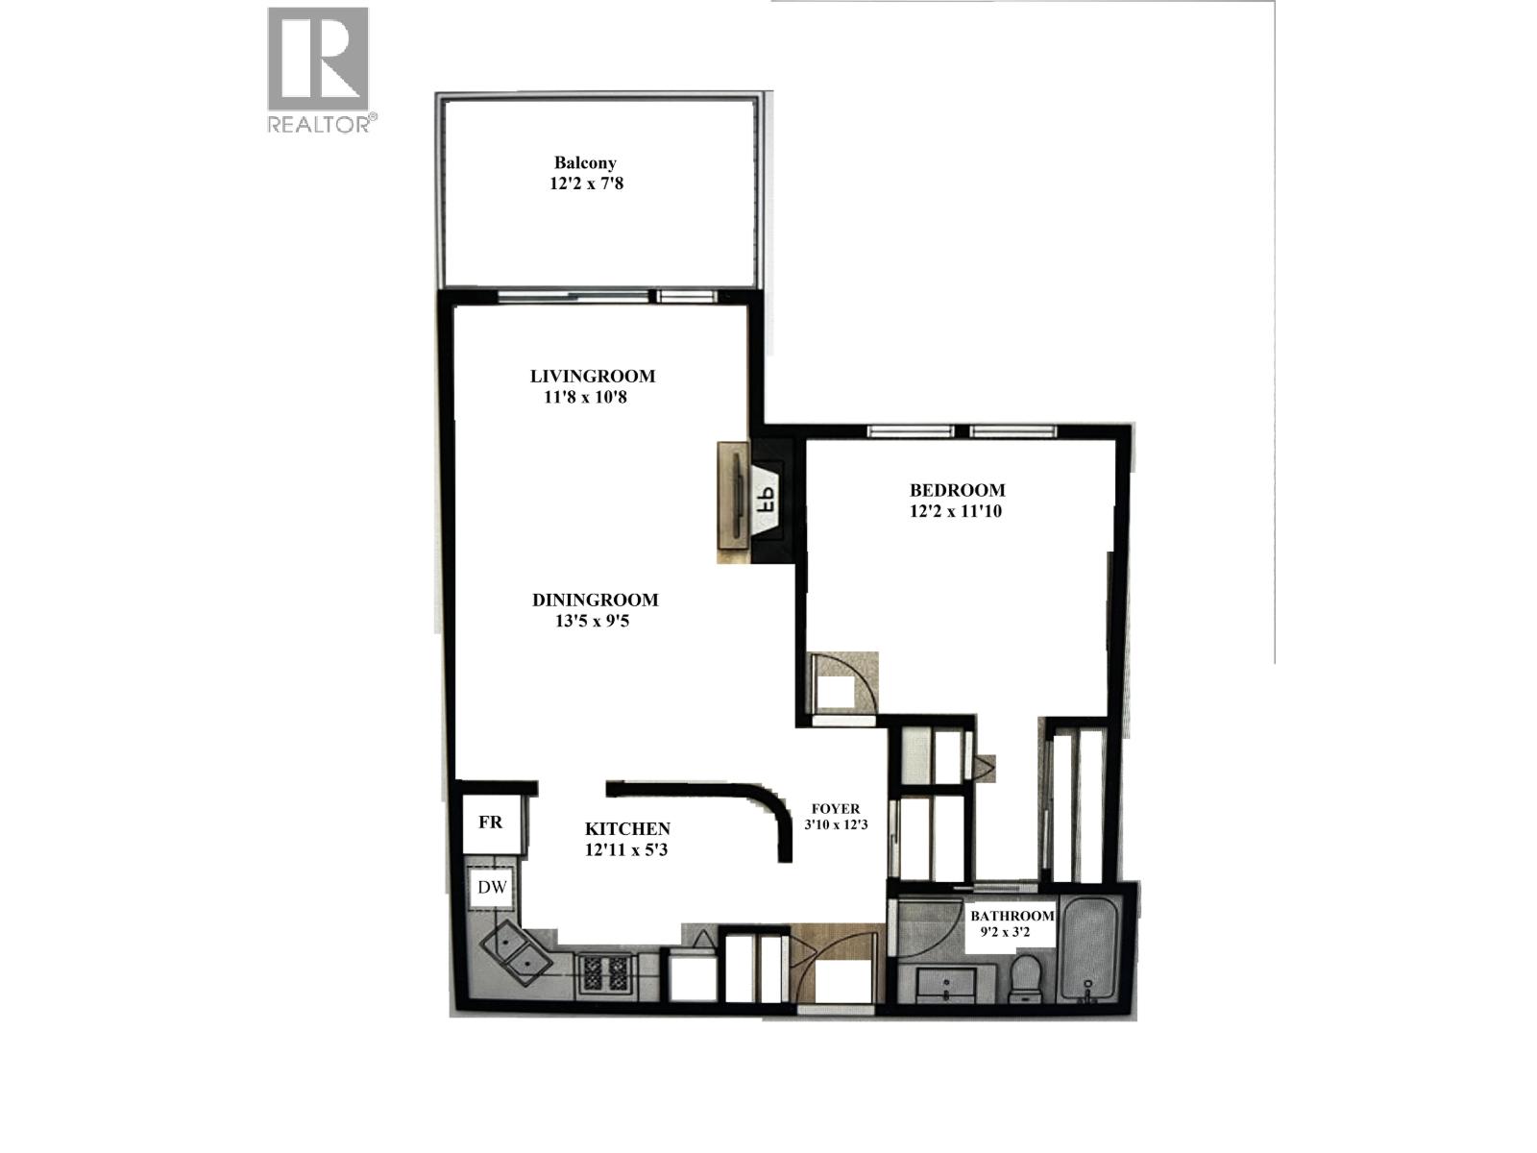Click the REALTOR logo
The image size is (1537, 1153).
pyautogui.click(x=322, y=69)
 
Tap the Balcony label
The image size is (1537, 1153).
pyautogui.click(x=585, y=163)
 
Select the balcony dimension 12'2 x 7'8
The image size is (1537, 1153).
pyautogui.click(x=586, y=184)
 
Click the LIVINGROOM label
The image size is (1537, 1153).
pyautogui.click(x=593, y=376)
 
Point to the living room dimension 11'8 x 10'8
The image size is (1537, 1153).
pyautogui.click(x=585, y=398)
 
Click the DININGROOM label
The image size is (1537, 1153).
pyautogui.click(x=596, y=600)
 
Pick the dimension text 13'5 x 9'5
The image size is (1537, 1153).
pyautogui.click(x=593, y=621)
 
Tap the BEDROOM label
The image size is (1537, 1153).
pyautogui.click(x=957, y=490)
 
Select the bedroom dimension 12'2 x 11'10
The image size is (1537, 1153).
pyautogui.click(x=956, y=511)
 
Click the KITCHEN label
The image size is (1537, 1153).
pyautogui.click(x=627, y=829)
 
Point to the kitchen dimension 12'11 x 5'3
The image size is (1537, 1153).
pyautogui.click(x=626, y=850)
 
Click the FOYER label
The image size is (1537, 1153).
pyautogui.click(x=836, y=809)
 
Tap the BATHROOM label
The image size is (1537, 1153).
pyautogui.click(x=1012, y=916)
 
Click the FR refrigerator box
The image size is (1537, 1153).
pyautogui.click(x=492, y=822)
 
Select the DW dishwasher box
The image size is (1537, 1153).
pyautogui.click(x=492, y=888)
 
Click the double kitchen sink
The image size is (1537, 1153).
pyautogui.click(x=517, y=953)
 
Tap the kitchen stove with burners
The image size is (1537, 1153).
pyautogui.click(x=605, y=973)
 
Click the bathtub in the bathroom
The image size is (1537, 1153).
pyautogui.click(x=1086, y=949)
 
